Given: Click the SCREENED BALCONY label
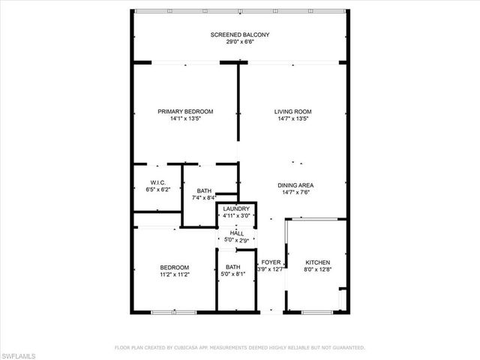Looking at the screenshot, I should coord(239,35).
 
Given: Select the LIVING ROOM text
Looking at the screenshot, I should coord(292,111).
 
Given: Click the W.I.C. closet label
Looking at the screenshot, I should coord(157,182).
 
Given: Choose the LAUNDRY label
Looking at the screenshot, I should coord(236,209).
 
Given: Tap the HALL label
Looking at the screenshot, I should coord(236,233).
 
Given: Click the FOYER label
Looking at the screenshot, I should coord(270,262).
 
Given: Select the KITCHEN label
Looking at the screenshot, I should coord(317,262).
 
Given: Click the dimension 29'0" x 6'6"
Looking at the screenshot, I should coord(239,42).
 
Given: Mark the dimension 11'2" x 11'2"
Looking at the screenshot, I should coord(173,274).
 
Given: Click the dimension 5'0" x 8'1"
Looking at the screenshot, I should coord(233,274).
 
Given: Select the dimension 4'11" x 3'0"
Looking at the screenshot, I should coord(236,216).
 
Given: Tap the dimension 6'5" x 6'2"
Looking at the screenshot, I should coord(157,190).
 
